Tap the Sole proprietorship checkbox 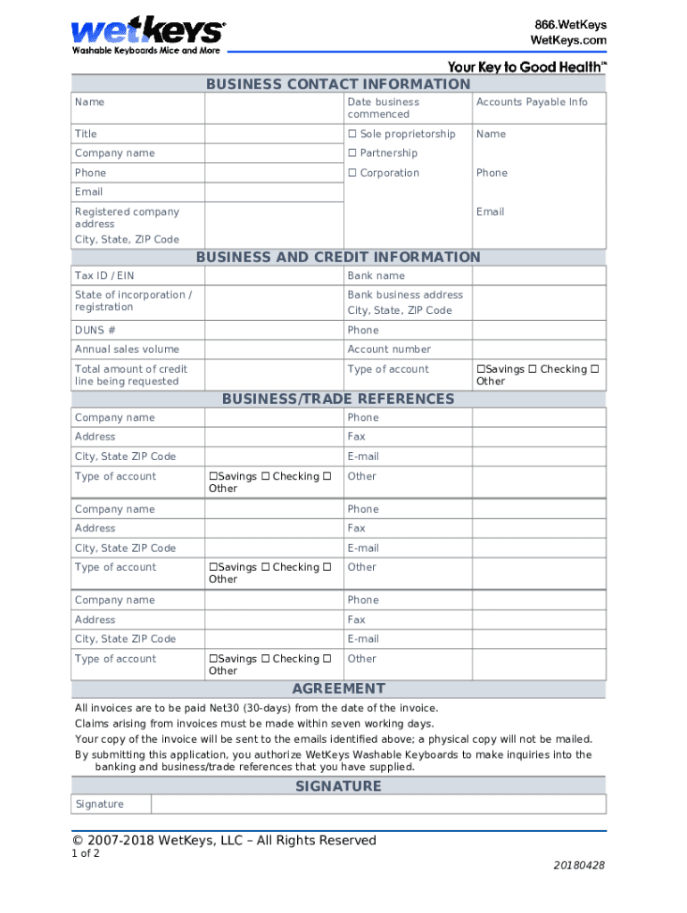tap(352, 135)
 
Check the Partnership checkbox tap(352, 153)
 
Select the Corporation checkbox tap(352, 173)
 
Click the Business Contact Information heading tap(338, 84)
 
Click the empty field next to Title tap(274, 134)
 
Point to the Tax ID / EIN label tap(104, 276)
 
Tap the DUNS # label tap(95, 330)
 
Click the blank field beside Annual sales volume tap(274, 350)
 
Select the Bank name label tap(376, 276)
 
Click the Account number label tap(388, 350)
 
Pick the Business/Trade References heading tap(338, 399)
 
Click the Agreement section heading tap(338, 688)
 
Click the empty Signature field tap(377, 804)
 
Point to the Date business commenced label tap(383, 108)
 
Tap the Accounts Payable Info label tap(532, 102)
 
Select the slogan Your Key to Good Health tap(526, 67)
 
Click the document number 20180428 tap(579, 866)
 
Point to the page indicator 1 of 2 tap(86, 853)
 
